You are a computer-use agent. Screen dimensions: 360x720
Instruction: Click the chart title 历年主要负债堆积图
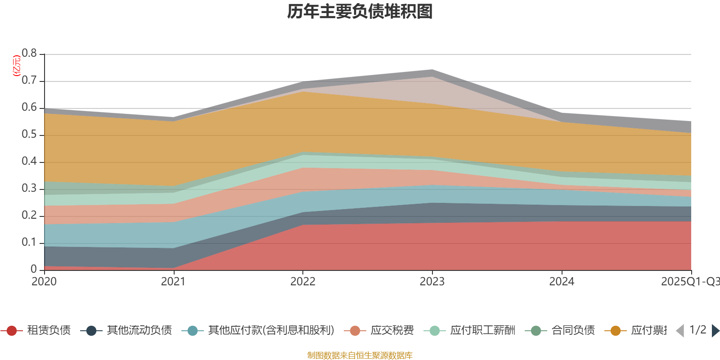click(360, 12)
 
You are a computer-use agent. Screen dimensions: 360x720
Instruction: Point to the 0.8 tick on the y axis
click(30, 54)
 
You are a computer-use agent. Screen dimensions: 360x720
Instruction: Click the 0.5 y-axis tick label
click(30, 135)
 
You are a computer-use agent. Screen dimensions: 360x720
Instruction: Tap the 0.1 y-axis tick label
click(30, 243)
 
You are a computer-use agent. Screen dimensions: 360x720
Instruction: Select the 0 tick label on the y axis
click(34, 269)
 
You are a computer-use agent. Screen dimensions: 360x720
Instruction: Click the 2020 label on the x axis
click(44, 282)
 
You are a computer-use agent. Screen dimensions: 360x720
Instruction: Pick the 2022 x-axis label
click(303, 282)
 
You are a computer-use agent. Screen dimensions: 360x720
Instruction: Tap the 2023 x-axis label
click(432, 282)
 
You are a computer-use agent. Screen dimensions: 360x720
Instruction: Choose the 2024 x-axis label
click(562, 282)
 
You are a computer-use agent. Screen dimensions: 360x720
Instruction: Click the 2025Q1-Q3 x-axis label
click(689, 282)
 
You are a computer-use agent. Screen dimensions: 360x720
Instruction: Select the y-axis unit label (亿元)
click(17, 66)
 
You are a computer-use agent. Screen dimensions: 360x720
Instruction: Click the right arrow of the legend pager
click(715, 331)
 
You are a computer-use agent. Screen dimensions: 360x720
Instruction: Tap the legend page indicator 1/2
click(697, 330)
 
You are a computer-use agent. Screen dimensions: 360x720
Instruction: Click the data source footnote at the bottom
click(360, 355)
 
